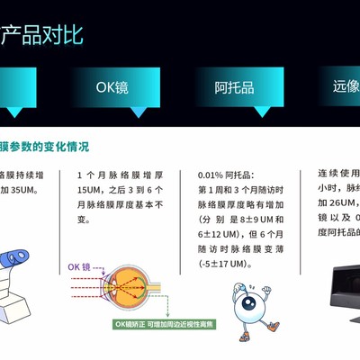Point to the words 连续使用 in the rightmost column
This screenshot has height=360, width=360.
click(x=338, y=172)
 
